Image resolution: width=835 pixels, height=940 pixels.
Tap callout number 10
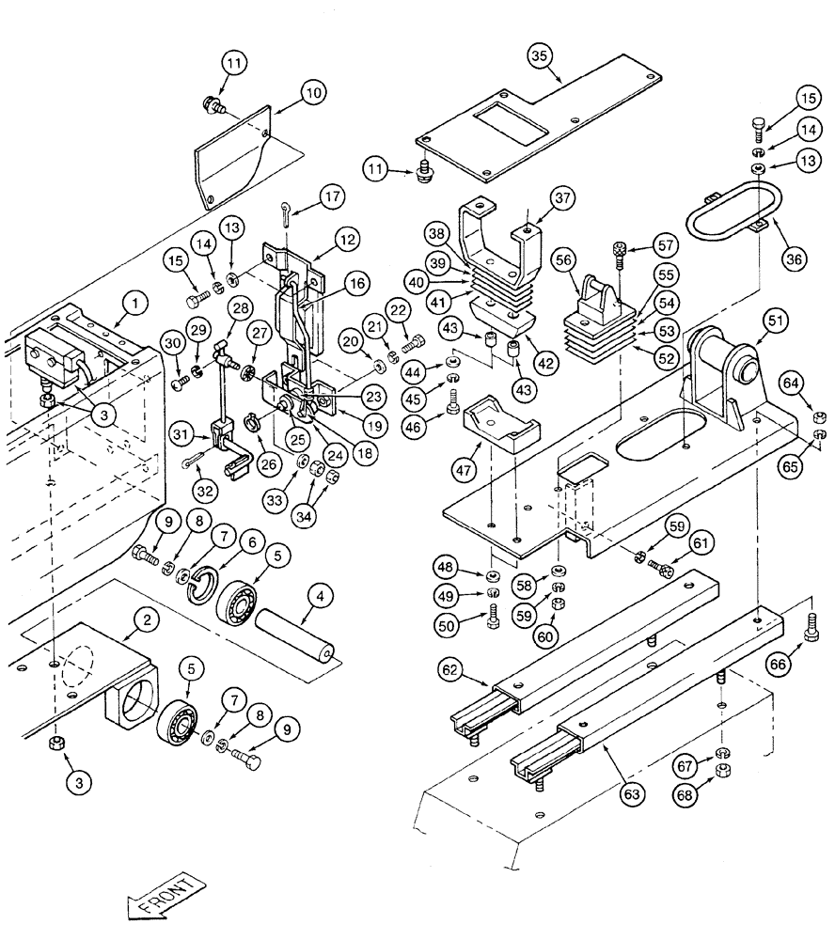[313, 93]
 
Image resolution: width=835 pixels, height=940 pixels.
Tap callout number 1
[136, 304]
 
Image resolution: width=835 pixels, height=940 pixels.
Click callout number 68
[689, 796]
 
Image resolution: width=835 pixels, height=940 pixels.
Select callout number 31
[181, 433]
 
